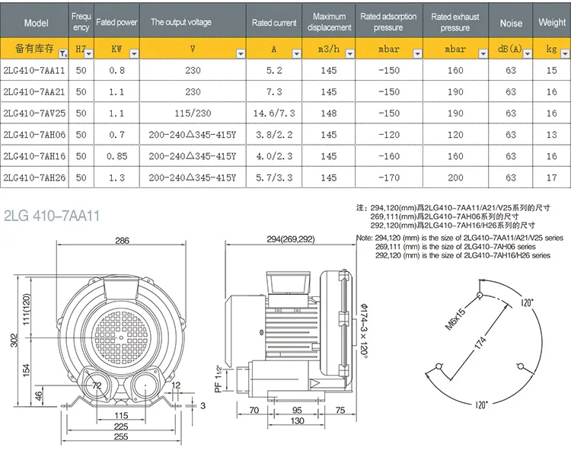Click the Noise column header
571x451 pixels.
511,23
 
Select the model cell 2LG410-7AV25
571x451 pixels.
34,114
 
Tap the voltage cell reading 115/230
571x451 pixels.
193,114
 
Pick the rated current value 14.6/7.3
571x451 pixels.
274,114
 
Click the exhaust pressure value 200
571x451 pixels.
455,178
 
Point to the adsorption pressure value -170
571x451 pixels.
389,178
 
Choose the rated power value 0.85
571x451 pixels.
117,156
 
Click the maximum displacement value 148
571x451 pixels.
328,114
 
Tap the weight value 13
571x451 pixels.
552,135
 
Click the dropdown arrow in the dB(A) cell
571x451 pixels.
528,54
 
